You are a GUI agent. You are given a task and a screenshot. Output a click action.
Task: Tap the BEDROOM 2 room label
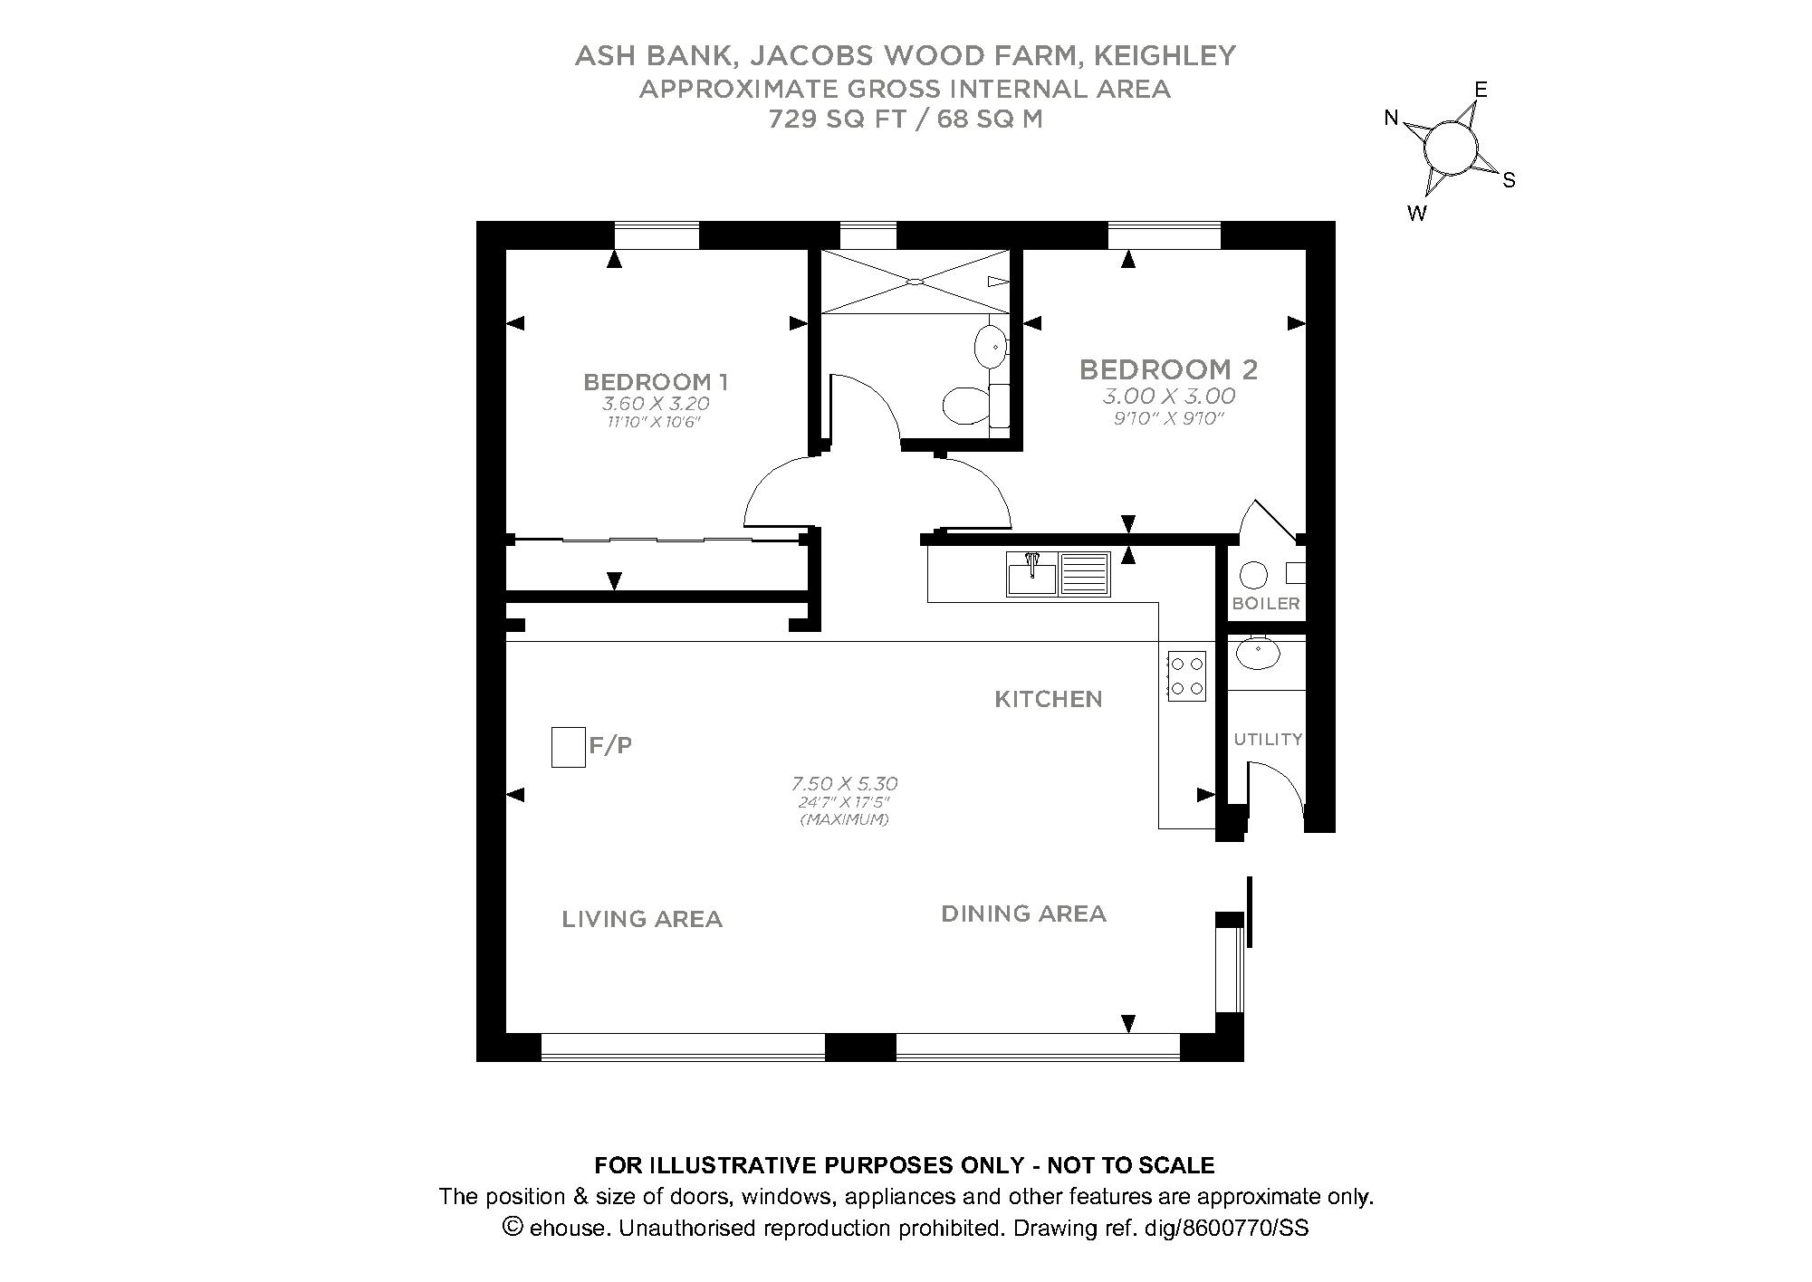click(x=1168, y=369)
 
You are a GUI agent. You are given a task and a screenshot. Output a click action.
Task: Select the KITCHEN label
click(x=1048, y=699)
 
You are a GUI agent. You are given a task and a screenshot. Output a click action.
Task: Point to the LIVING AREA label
click(x=642, y=919)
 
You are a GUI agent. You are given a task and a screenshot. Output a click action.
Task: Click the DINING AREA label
click(x=1023, y=914)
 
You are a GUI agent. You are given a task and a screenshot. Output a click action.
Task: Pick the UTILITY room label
click(x=1268, y=739)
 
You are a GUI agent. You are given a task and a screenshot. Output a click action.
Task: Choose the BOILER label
click(x=1266, y=603)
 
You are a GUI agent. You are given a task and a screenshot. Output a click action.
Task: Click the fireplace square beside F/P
click(x=568, y=747)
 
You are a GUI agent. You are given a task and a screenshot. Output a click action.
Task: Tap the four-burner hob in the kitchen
click(x=1186, y=675)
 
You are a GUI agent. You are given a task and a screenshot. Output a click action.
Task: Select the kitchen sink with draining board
click(x=1058, y=575)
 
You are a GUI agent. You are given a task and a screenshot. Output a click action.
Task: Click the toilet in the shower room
click(x=966, y=406)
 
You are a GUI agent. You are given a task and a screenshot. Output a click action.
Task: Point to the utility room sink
click(x=1258, y=653)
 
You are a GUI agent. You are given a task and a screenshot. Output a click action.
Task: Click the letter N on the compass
click(x=1392, y=118)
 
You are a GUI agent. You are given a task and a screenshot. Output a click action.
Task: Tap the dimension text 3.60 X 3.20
click(x=656, y=404)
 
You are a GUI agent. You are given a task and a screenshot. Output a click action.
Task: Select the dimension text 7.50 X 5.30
click(x=844, y=783)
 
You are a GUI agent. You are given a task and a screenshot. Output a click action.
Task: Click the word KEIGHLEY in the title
click(x=1165, y=55)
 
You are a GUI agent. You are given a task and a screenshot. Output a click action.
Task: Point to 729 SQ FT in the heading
click(x=836, y=119)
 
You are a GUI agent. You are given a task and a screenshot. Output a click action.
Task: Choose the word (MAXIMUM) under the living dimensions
click(x=844, y=819)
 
